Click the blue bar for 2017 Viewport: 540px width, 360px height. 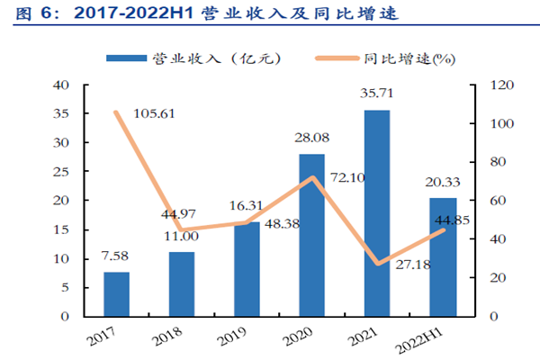(x=116, y=294)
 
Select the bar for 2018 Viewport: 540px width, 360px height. (x=181, y=284)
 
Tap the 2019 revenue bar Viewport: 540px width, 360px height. (x=246, y=269)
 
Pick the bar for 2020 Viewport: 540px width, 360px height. (x=311, y=235)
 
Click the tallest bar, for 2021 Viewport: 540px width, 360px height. (x=376, y=213)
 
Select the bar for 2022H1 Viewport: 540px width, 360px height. (x=442, y=257)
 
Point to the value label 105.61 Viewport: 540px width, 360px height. (x=154, y=114)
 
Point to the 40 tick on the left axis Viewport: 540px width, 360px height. (x=61, y=85)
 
